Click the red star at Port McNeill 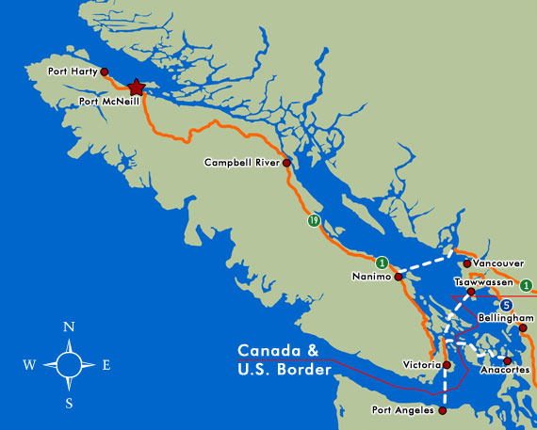click(137, 87)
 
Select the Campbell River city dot click(286, 163)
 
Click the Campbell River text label click(242, 163)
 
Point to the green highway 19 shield click(312, 221)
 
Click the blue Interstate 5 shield click(506, 305)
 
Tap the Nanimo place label click(370, 276)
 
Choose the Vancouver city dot click(466, 263)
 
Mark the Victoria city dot click(447, 364)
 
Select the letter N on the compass click(68, 326)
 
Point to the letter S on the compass click(69, 404)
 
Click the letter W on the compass click(30, 365)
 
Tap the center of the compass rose click(69, 364)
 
